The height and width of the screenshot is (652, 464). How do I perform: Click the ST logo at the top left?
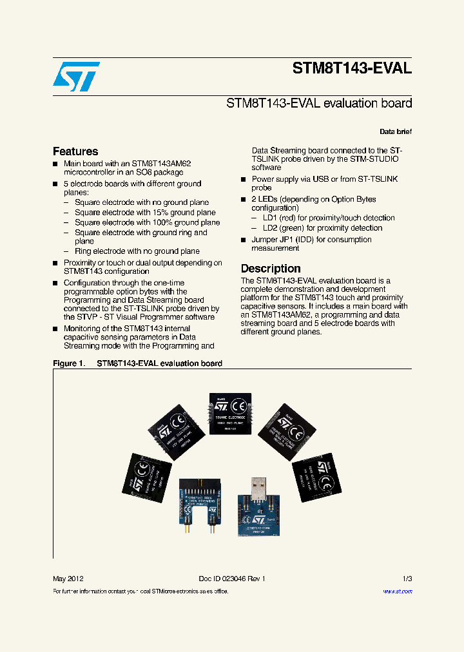(x=76, y=77)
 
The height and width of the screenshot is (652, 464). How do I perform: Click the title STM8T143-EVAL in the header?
(x=352, y=68)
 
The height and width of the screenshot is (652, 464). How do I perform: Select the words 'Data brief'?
(x=396, y=131)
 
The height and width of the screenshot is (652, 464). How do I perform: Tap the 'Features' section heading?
(x=75, y=151)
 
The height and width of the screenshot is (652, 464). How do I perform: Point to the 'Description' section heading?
(x=271, y=268)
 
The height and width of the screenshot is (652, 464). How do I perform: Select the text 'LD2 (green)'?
(x=284, y=228)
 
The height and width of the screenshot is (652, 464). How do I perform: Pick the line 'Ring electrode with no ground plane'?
(x=137, y=251)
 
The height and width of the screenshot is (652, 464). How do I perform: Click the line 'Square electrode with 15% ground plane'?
(x=145, y=213)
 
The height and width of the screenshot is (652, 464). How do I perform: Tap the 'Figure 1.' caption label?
(x=69, y=363)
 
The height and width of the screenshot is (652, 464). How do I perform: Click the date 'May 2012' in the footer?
(x=68, y=579)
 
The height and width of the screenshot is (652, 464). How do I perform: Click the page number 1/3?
(x=407, y=579)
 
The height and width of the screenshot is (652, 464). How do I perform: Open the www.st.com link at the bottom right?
(x=398, y=591)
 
